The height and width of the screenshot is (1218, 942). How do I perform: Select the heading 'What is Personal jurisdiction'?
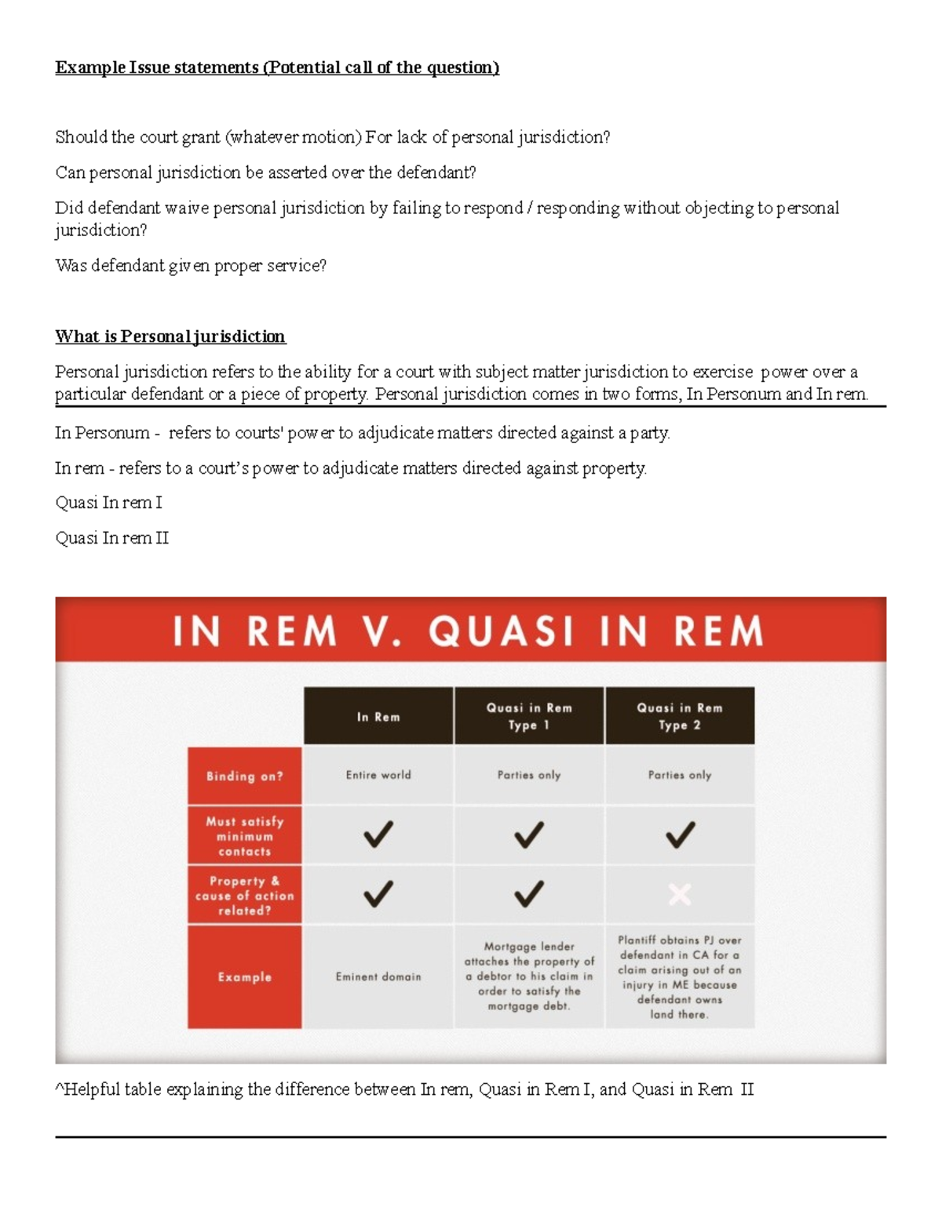coord(170,336)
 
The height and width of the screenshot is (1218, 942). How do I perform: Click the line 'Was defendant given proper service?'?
coord(191,266)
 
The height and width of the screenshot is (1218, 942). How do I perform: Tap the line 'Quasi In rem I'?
coord(108,503)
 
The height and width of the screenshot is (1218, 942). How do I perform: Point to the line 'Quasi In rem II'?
coord(111,538)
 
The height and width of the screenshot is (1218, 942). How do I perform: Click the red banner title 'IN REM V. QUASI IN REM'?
coord(469,631)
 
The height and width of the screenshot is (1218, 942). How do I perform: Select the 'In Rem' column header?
coord(378,717)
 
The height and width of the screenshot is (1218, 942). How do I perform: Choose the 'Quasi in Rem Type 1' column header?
coord(529,716)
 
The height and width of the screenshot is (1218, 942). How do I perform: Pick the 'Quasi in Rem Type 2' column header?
coord(680,716)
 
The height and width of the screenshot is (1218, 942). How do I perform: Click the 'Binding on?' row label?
coord(244,776)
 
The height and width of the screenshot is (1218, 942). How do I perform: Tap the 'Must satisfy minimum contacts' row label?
coord(244,836)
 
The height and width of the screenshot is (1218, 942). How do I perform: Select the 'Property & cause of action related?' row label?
coord(244,896)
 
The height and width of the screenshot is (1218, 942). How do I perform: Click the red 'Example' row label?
coord(244,977)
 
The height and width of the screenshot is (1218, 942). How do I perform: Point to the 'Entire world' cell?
coord(378,775)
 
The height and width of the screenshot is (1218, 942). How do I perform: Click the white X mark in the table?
coord(680,894)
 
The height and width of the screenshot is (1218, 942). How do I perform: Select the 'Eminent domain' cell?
coord(378,977)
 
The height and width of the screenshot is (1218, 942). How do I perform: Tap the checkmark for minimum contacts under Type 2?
coord(680,834)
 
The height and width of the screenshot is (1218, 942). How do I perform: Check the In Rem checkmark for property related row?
coord(378,894)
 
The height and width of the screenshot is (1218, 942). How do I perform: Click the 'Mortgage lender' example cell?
coord(529,976)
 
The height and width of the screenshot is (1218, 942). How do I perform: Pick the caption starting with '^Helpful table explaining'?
coord(404,1089)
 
